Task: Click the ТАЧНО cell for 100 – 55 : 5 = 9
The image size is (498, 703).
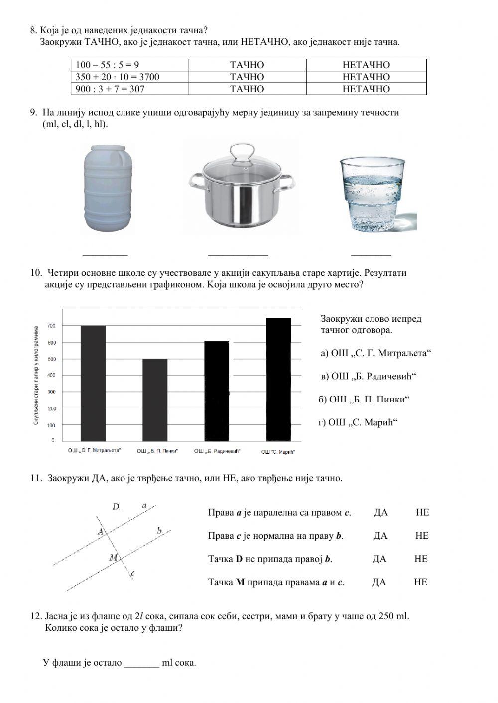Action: click(247, 65)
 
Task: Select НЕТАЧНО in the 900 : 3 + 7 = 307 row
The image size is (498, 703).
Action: click(366, 89)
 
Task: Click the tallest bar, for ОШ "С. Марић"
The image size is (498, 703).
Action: click(278, 379)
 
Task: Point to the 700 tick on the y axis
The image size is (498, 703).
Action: click(51, 326)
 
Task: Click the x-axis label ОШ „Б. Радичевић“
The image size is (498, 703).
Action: click(217, 451)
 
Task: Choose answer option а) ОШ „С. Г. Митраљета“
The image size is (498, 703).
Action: click(375, 353)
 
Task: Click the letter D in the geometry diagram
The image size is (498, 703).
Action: click(116, 507)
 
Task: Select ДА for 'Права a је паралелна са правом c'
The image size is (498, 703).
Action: click(380, 513)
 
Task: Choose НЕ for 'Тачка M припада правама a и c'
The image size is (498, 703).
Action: click(420, 582)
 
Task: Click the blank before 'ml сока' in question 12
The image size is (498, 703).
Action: click(141, 663)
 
